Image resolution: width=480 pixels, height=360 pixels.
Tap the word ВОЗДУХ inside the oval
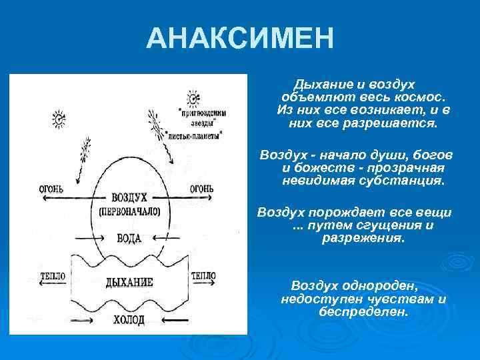131,199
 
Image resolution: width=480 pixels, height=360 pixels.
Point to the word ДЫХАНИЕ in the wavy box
130,283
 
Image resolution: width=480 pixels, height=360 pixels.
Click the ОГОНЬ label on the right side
202,189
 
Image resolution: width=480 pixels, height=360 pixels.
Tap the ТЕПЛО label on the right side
203,275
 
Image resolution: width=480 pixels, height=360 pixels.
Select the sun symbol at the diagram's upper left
59,120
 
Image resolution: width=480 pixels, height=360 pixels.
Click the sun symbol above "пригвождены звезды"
193,100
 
